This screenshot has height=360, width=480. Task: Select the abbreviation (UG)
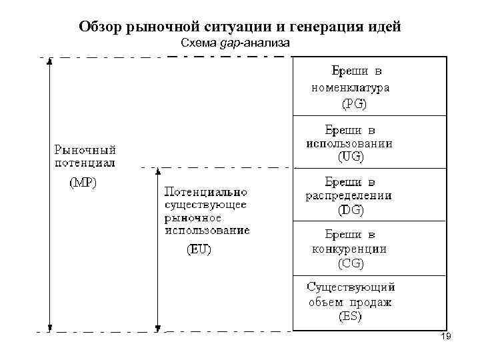pyautogui.click(x=351, y=157)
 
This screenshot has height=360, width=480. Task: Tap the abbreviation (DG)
pyautogui.click(x=351, y=210)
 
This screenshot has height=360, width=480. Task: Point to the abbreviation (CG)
pyautogui.click(x=351, y=263)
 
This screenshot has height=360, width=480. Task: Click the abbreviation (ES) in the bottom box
pyautogui.click(x=351, y=317)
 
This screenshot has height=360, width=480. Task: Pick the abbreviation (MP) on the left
pyautogui.click(x=83, y=183)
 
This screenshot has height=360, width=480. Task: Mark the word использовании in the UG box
pyautogui.click(x=349, y=143)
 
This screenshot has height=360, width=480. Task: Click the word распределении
pyautogui.click(x=349, y=196)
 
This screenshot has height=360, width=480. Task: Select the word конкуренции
pyautogui.click(x=349, y=249)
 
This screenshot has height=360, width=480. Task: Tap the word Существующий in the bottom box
pyautogui.click(x=351, y=287)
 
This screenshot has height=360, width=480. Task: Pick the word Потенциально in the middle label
pyautogui.click(x=200, y=192)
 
